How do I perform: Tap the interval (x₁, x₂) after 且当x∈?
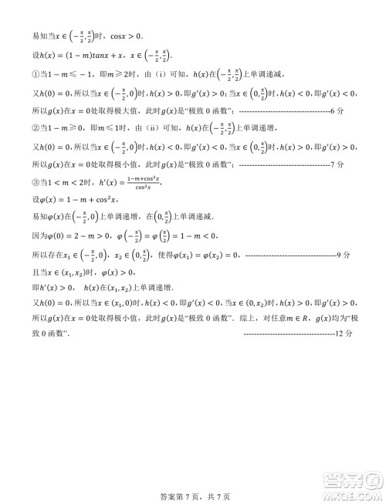(76, 271)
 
